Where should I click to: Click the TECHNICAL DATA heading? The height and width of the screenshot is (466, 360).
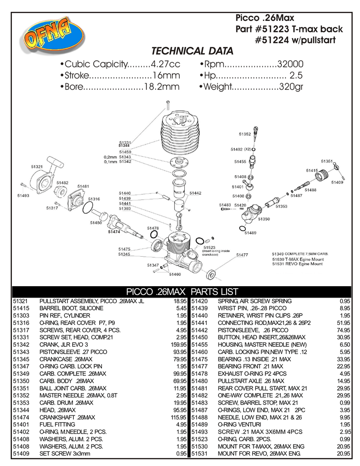pyautogui.click(x=192, y=51)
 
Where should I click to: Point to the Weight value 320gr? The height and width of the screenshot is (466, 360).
pyautogui.click(x=291, y=86)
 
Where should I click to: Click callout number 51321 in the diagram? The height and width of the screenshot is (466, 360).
pyautogui.click(x=37, y=167)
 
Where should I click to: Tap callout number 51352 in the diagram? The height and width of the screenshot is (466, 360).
pyautogui.click(x=245, y=134)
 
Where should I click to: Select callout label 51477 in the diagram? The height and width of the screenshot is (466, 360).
pyautogui.click(x=242, y=255)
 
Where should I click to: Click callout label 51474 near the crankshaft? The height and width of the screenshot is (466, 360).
pyautogui.click(x=114, y=232)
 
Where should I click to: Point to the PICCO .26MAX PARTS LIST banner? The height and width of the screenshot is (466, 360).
pyautogui.click(x=182, y=291)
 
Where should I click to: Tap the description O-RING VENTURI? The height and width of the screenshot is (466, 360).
pyautogui.click(x=238, y=425)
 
